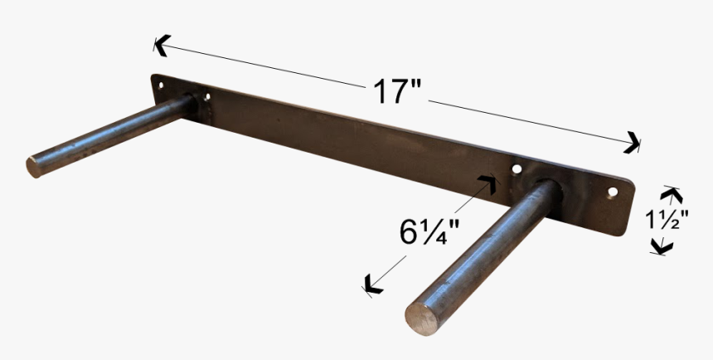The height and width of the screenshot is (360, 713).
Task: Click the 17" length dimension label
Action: click(396, 91)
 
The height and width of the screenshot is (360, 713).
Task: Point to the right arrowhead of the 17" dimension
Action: click(633, 143)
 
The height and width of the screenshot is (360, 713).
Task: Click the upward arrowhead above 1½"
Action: click(671, 195)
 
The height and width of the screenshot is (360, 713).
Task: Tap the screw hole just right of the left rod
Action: click(206, 97)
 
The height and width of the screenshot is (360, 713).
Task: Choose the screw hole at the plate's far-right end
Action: click(613, 192)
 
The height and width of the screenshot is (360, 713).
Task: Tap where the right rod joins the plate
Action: click(547, 188)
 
